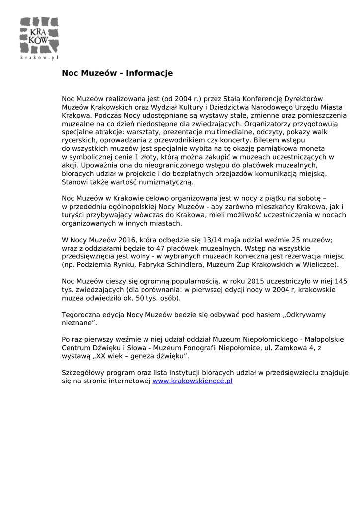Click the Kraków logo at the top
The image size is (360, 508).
point(39,36)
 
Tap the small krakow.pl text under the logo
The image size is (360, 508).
point(39,58)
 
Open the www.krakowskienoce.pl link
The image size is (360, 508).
point(193,381)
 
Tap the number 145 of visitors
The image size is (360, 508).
point(341,281)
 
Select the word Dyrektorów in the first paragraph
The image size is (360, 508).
point(302,99)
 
